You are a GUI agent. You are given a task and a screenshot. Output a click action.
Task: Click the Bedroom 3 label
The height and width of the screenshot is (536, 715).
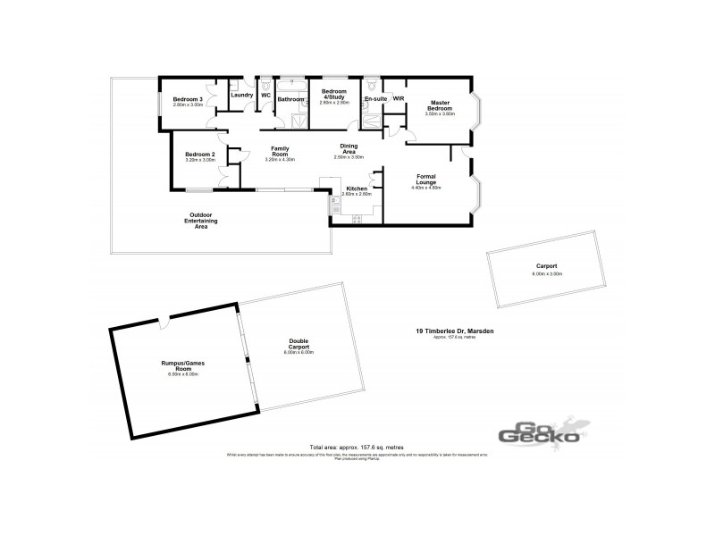tap(189, 98)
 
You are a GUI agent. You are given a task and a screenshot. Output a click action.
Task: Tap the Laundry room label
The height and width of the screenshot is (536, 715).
tap(241, 95)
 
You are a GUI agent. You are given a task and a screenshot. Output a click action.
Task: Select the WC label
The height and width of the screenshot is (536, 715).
tap(265, 95)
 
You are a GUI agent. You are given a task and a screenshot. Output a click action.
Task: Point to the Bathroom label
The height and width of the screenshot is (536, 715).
tap(290, 99)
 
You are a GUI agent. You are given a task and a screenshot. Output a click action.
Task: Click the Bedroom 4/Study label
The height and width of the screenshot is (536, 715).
tap(333, 95)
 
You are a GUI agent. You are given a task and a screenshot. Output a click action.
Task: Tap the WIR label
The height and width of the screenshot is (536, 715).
tap(399, 99)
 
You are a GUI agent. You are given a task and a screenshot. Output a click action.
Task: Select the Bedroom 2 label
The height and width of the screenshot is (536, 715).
tap(200, 154)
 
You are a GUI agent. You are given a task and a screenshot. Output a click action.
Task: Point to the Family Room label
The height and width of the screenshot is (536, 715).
tap(280, 152)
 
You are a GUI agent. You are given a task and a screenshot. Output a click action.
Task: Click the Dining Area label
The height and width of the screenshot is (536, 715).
tap(349, 149)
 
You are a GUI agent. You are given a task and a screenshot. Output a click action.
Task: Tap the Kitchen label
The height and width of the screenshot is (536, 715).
tap(356, 188)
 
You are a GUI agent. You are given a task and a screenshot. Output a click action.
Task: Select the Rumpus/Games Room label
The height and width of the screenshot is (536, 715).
tap(182, 367)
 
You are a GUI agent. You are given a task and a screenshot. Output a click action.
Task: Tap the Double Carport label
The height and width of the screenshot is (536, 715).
tap(299, 346)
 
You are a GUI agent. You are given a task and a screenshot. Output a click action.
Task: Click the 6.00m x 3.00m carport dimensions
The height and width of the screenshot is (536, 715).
tap(546, 274)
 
